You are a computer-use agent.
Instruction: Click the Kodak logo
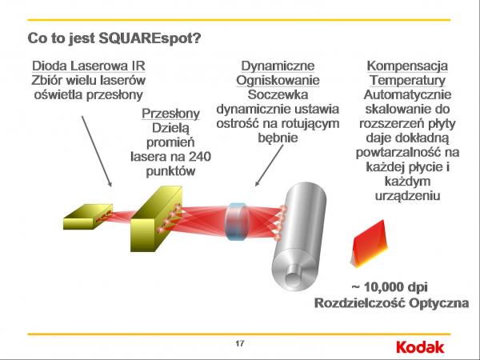[420, 347]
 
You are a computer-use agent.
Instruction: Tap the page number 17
[240, 343]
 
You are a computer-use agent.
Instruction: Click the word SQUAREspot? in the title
[150, 38]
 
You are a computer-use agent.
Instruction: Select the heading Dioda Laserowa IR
[89, 66]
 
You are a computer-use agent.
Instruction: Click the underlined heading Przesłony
[170, 114]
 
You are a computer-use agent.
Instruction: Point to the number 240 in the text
[200, 157]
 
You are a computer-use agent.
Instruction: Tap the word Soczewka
[278, 94]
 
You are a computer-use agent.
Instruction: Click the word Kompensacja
[407, 66]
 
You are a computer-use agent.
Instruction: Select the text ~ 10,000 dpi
[390, 287]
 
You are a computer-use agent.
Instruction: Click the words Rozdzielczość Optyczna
[391, 303]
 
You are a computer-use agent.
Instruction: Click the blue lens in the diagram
[236, 222]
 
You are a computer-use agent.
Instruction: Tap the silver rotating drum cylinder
[299, 238]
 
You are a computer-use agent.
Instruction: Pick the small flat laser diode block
[88, 217]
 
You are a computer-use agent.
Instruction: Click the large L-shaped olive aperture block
[156, 218]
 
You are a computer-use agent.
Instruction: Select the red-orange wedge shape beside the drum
[369, 243]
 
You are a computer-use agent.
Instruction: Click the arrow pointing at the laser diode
[97, 151]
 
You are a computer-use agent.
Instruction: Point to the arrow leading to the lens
[270, 166]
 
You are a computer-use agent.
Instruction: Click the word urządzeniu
[407, 196]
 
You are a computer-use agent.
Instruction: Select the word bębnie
[278, 138]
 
